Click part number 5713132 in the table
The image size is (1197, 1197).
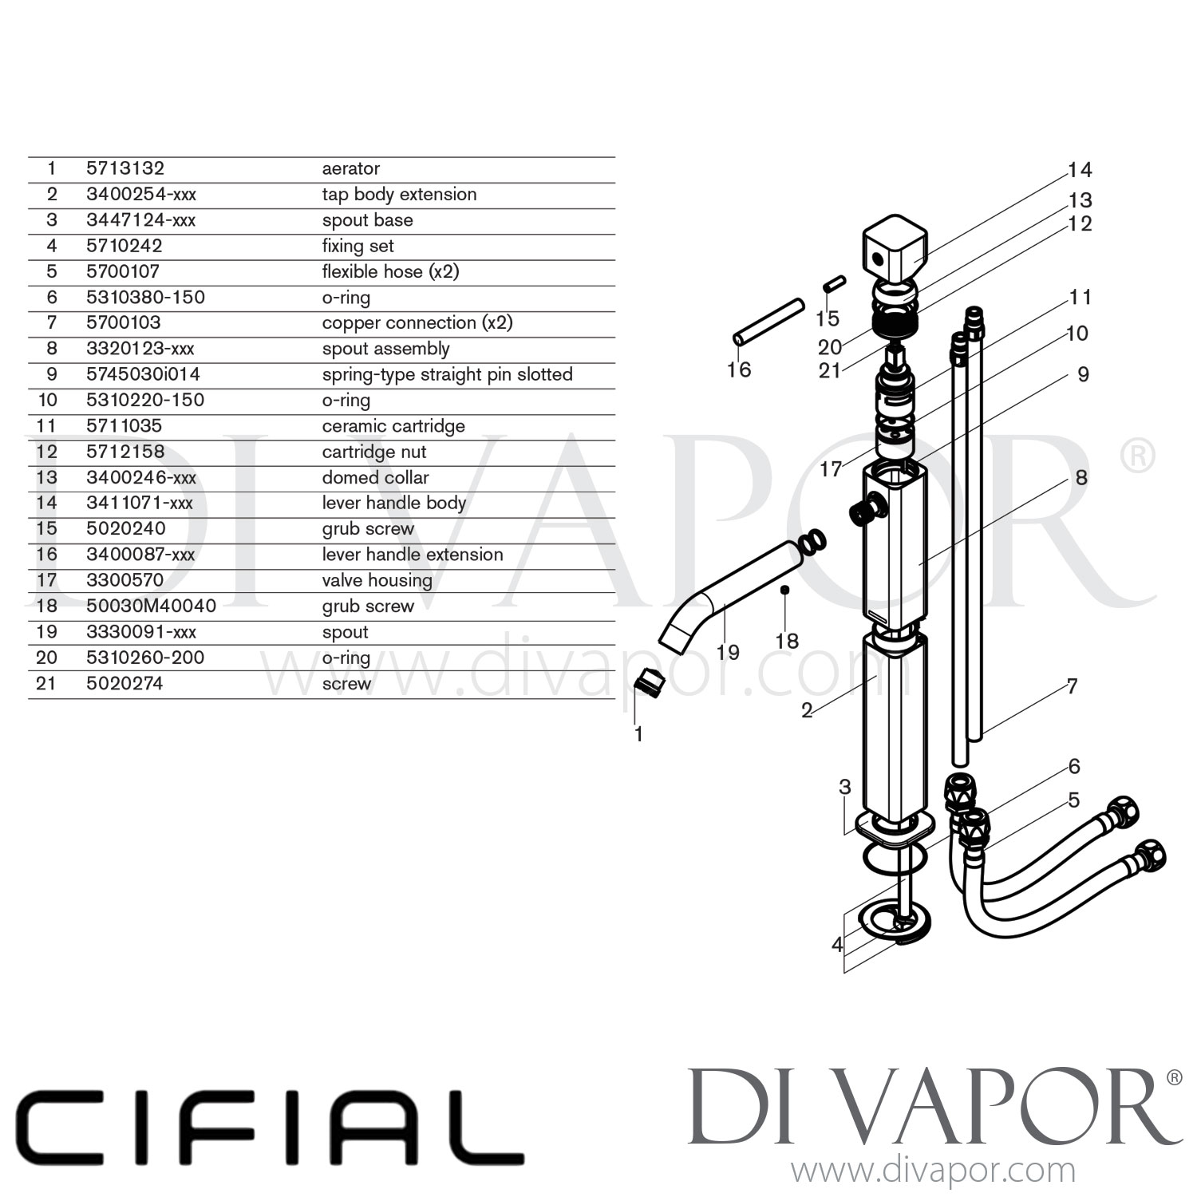click(x=125, y=168)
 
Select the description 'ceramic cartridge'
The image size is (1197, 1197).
click(x=393, y=426)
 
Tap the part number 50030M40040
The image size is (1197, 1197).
click(x=151, y=606)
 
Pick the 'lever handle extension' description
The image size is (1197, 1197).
click(x=413, y=555)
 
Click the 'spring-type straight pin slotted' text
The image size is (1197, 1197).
click(x=447, y=374)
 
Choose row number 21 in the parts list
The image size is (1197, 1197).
click(x=46, y=683)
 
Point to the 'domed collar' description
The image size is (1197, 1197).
click(x=375, y=477)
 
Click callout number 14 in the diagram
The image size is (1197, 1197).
click(x=1080, y=170)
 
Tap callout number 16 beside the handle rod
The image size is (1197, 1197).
click(x=739, y=369)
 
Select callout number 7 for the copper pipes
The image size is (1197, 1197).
click(x=1072, y=686)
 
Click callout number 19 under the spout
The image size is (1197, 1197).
click(x=728, y=652)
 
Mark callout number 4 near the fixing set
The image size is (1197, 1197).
click(x=837, y=945)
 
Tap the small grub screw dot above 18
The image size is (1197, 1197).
click(x=784, y=590)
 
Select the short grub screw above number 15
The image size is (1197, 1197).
click(x=834, y=283)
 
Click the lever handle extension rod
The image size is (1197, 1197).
click(x=768, y=322)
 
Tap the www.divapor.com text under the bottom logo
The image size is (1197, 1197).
click(x=932, y=1171)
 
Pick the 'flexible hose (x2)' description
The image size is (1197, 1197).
click(x=390, y=271)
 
